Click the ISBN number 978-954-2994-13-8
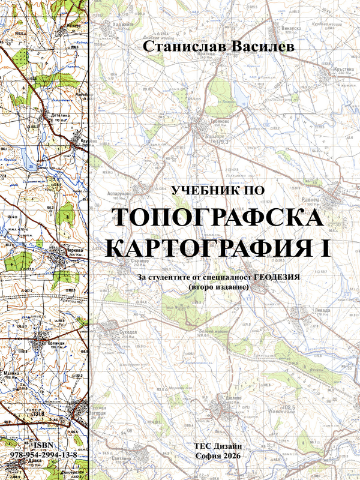pyautogui.click(x=43, y=455)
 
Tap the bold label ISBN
pyautogui.click(x=43, y=445)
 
